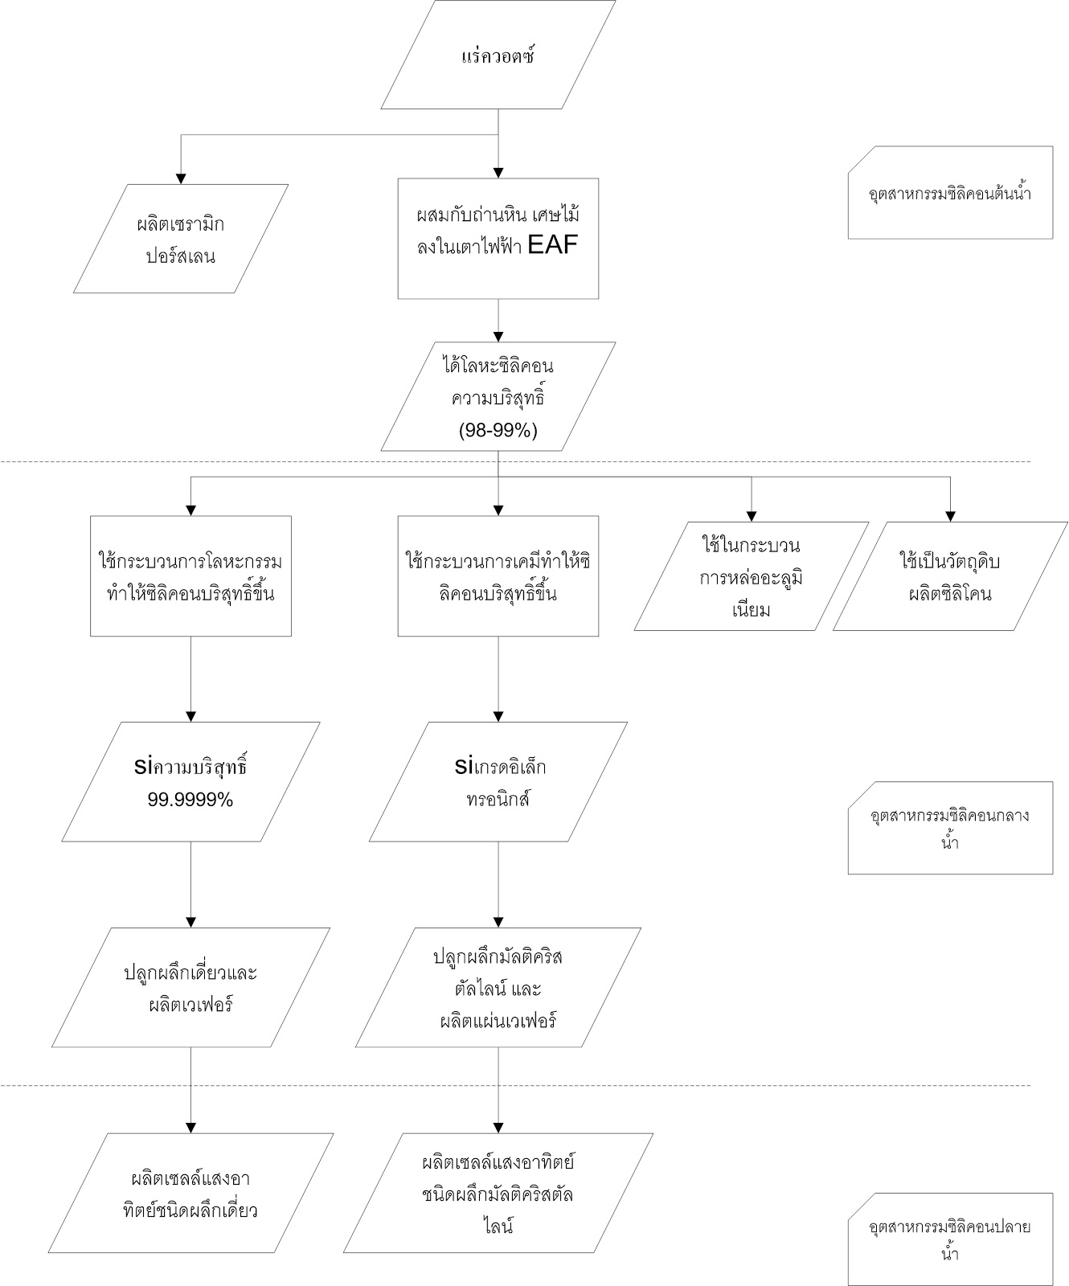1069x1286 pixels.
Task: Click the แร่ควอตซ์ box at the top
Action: coord(498,55)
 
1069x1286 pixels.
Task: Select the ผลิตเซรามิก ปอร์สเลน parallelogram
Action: coord(181,240)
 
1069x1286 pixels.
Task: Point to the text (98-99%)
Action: coord(498,430)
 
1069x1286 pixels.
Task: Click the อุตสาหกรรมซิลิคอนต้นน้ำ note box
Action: coord(950,193)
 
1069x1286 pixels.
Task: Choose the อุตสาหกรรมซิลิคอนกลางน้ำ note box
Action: coord(950,828)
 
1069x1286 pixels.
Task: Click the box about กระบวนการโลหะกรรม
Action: coord(190,576)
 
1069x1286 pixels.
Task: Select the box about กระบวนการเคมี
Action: coord(498,576)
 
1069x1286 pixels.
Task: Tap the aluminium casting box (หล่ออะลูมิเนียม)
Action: coord(752,576)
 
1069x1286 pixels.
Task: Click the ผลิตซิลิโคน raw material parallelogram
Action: coord(950,576)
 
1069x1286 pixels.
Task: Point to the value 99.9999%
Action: coord(190,800)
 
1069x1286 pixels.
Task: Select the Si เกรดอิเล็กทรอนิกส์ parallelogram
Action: coord(498,782)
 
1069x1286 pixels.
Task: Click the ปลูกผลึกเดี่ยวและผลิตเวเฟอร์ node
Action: coord(190,988)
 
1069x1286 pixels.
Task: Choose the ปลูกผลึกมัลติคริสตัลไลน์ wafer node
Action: coord(498,988)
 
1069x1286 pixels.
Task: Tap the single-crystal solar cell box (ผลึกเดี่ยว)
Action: coord(190,1194)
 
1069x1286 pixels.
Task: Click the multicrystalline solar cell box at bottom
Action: coord(498,1194)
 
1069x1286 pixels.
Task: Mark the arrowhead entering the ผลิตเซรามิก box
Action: coord(181,178)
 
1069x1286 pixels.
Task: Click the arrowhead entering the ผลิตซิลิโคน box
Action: coord(950,516)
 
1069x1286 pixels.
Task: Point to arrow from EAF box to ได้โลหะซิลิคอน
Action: coord(498,321)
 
